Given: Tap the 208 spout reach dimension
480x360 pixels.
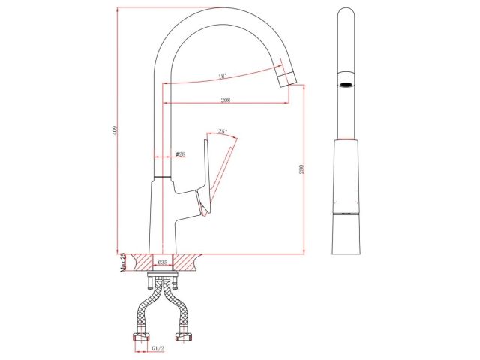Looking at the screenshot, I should coord(225,100).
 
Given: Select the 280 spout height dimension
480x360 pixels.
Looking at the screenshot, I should coord(301,170).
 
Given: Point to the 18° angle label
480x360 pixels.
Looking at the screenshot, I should coord(222,76).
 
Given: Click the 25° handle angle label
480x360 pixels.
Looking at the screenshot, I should coord(223,131).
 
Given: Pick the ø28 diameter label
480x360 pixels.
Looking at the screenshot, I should coord(180,154).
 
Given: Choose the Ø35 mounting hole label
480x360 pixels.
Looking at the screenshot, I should coord(162,262).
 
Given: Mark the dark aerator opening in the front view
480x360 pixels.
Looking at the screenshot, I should coord(345,84).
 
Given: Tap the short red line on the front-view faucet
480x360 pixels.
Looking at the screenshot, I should coord(345,140).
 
